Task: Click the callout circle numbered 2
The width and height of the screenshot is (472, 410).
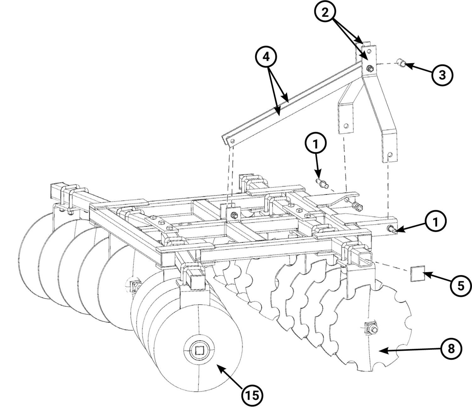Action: (325, 13)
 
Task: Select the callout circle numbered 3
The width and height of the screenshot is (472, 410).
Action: (442, 75)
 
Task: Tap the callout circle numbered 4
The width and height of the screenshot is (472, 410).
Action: (266, 57)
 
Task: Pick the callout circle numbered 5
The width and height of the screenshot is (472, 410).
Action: (461, 286)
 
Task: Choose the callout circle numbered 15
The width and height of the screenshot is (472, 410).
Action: (252, 396)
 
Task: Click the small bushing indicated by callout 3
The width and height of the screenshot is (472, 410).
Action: (402, 63)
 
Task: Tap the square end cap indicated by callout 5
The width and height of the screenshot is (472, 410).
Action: (418, 274)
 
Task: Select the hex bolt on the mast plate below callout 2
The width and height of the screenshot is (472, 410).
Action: (370, 68)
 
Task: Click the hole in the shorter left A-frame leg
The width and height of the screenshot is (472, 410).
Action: (346, 126)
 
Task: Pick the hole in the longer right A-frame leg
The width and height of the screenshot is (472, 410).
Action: (390, 154)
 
